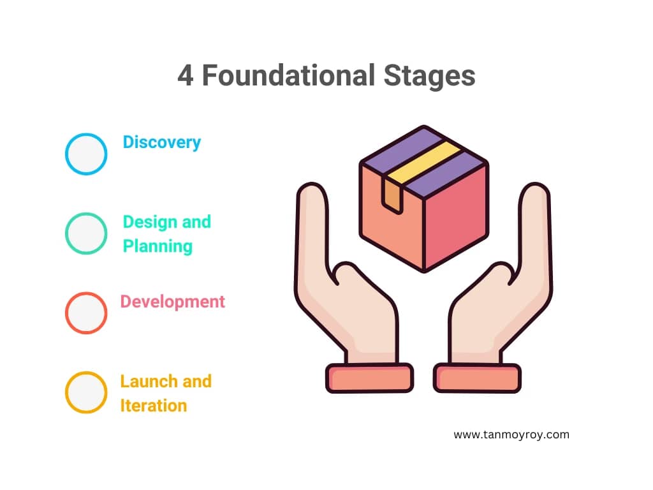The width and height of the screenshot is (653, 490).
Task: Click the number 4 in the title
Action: (x=186, y=76)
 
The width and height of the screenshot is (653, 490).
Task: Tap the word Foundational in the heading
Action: (x=289, y=75)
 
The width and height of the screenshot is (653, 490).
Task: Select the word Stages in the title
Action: (x=429, y=77)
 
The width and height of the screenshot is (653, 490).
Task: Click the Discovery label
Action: (x=162, y=142)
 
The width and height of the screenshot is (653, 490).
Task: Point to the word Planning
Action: (x=158, y=246)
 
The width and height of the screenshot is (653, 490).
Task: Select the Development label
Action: (x=172, y=302)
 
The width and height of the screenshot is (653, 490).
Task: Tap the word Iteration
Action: (x=154, y=405)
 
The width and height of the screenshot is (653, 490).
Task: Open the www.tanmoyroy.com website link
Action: (x=511, y=434)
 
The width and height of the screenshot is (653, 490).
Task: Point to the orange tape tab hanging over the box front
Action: (x=392, y=196)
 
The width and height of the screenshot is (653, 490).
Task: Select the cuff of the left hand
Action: (x=369, y=378)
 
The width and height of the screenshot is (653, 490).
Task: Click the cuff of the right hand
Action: (x=477, y=378)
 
